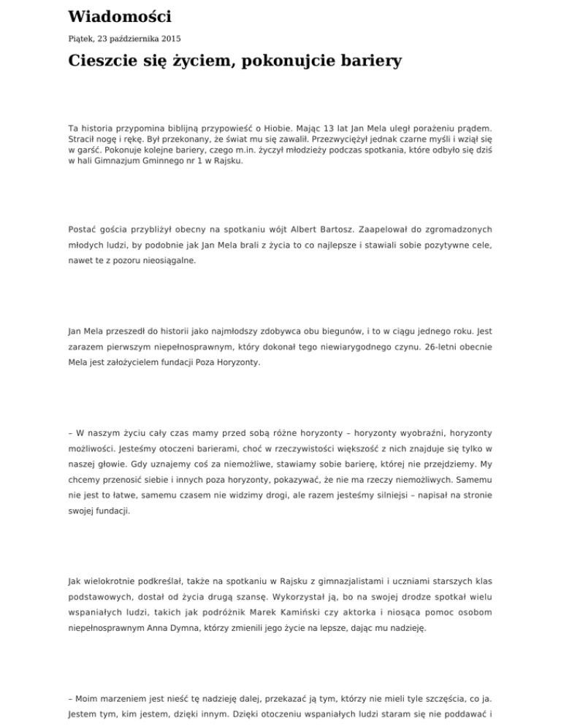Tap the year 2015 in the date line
(x=167, y=38)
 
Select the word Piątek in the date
(x=81, y=38)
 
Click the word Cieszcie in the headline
(x=107, y=61)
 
